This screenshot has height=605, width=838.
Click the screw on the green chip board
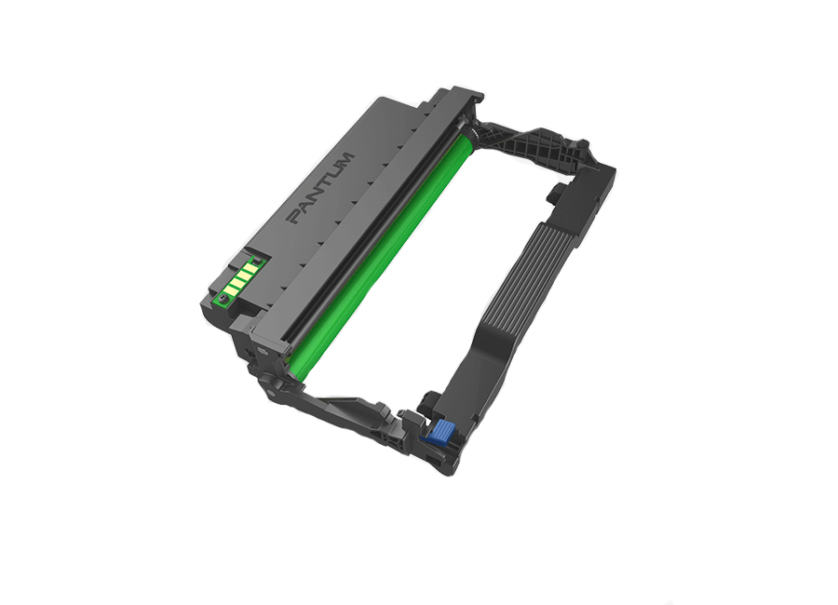[222, 298]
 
